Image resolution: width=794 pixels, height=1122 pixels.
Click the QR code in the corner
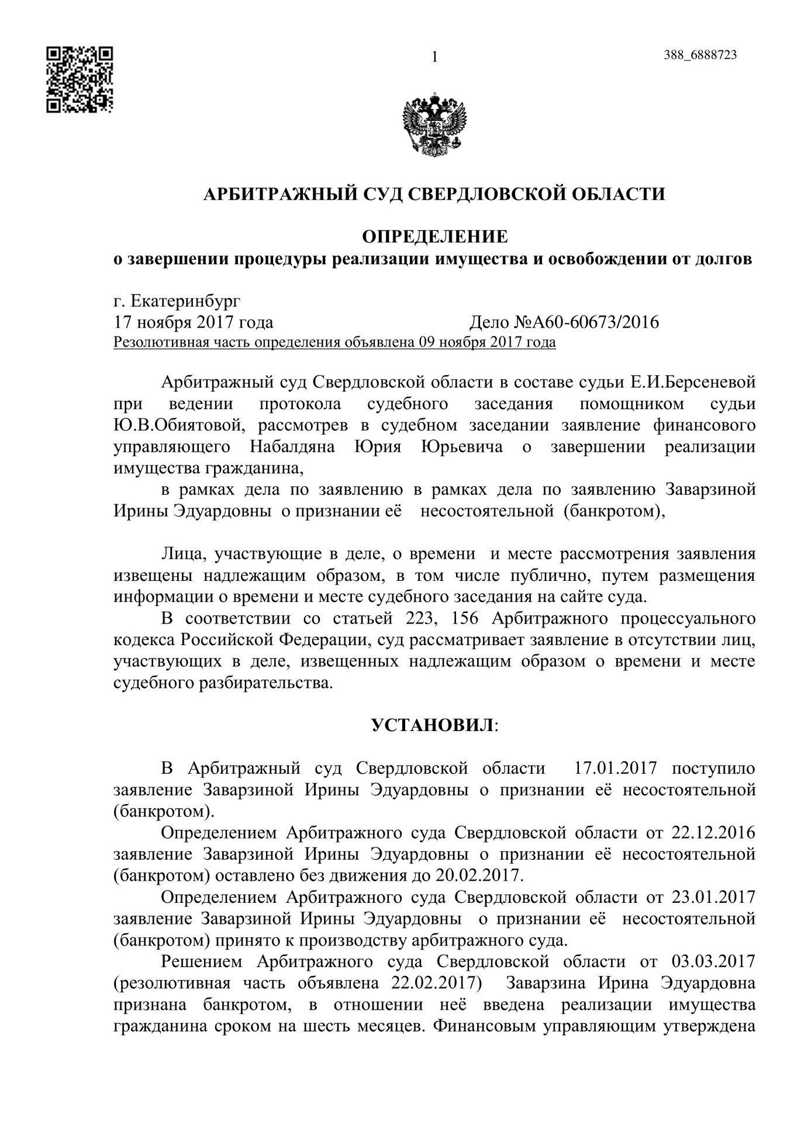coord(80,79)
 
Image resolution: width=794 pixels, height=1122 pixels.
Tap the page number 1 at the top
coord(434,57)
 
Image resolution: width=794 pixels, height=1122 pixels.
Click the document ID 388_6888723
coord(700,55)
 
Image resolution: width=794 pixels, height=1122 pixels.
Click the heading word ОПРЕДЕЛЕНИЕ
coord(434,237)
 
